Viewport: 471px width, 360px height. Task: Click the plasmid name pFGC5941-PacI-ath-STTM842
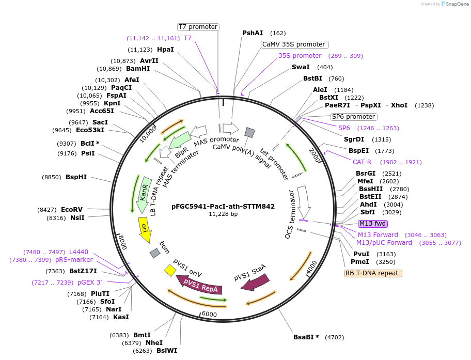[223, 206]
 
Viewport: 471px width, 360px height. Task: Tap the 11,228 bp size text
[223, 214]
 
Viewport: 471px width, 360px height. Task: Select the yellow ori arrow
[145, 229]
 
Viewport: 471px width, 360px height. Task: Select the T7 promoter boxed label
[198, 27]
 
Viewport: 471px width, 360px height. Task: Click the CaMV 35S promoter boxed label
[294, 44]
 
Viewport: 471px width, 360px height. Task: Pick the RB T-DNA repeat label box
[373, 273]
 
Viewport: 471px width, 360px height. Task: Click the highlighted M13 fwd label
[373, 224]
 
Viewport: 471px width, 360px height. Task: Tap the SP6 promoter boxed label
[354, 117]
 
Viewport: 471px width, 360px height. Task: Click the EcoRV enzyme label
[71, 209]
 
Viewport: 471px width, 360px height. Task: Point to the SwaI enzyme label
[301, 67]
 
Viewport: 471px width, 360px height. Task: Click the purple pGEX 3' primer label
[90, 283]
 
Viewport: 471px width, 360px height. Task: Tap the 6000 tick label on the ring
[209, 314]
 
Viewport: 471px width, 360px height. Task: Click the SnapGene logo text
[455, 4]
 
